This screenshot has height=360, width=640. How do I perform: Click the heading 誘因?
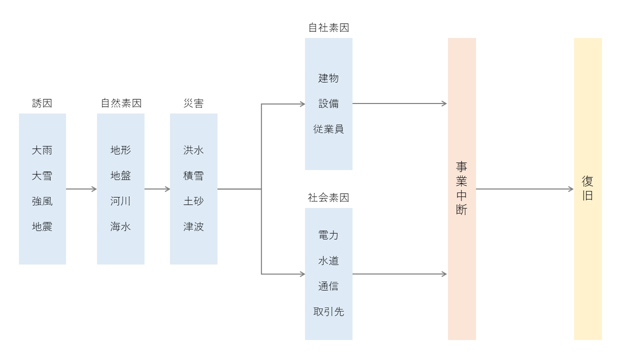pyautogui.click(x=42, y=103)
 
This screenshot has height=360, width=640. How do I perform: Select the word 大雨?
pyautogui.click(x=42, y=150)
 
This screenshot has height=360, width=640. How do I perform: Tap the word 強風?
pyautogui.click(x=42, y=201)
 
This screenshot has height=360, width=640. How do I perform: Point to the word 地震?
pyautogui.click(x=42, y=226)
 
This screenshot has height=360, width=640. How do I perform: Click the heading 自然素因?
pyautogui.click(x=121, y=103)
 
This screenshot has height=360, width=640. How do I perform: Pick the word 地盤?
pyautogui.click(x=120, y=175)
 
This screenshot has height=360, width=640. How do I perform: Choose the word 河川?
pyautogui.click(x=120, y=201)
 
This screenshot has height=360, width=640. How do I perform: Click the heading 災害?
pyautogui.click(x=193, y=103)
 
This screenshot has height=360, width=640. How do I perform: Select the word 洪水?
pyautogui.click(x=193, y=150)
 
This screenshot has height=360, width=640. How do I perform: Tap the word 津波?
pyautogui.click(x=193, y=226)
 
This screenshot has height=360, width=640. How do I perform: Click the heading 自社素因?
pyautogui.click(x=328, y=28)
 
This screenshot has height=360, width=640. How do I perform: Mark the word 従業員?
pyautogui.click(x=328, y=129)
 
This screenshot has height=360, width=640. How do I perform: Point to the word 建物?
pyautogui.click(x=328, y=78)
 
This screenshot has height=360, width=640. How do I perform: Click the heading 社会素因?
pyautogui.click(x=328, y=197)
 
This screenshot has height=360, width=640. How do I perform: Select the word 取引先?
pyautogui.click(x=328, y=311)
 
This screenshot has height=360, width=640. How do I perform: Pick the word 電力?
pyautogui.click(x=328, y=235)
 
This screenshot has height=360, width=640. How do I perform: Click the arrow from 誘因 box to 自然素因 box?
pyautogui.click(x=81, y=189)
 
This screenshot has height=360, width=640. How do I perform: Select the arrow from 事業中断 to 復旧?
pyautogui.click(x=524, y=189)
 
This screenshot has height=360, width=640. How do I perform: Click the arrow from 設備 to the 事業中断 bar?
pyautogui.click(x=399, y=103)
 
